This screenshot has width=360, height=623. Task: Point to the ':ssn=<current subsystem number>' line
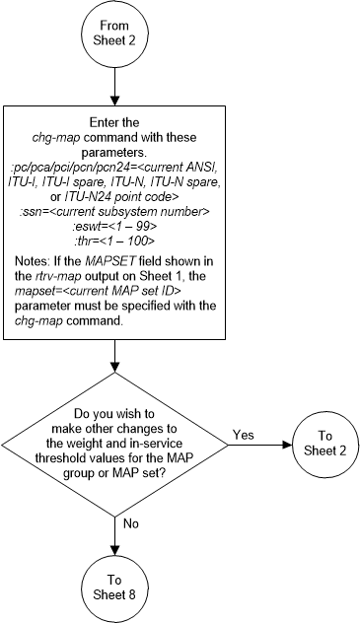(116, 223)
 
